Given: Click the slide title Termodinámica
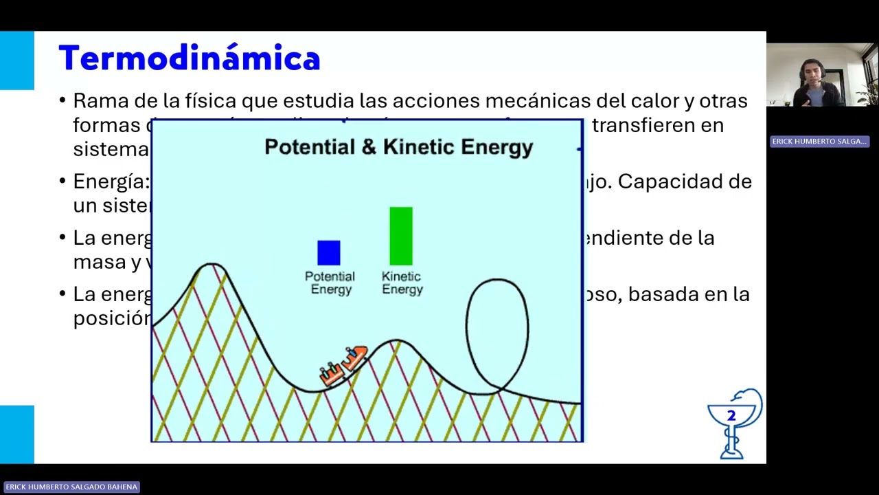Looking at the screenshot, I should pos(189,59).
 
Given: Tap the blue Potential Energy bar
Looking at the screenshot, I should pos(329,252).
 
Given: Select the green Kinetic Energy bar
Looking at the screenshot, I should pos(401,236).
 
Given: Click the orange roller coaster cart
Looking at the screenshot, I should pos(344,365).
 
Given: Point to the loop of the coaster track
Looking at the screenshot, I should pos(497,334).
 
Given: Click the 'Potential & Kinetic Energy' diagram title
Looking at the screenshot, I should pos(398,147).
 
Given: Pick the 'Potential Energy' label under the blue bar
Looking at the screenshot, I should pos(330,283).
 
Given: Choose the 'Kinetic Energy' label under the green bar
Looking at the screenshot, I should pos(402,283).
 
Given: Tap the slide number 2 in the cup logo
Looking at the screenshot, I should pos(731,416).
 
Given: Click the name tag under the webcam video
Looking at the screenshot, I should pos(819,142).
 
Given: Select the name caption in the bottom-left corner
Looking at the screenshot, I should pos(71,487).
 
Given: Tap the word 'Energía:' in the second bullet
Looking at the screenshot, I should pos(111,181).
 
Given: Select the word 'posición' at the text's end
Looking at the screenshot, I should pos(111,318).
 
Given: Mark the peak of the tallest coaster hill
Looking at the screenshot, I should pos(212,264).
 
